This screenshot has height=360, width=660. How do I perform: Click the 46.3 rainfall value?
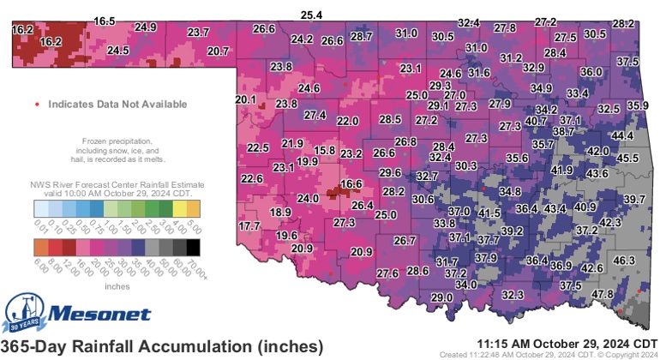coord(624,261)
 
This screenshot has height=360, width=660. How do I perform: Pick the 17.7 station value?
coord(249,225)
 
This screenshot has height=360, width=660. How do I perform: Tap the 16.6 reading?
coord(351,183)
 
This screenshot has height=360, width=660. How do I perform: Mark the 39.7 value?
coord(634,199)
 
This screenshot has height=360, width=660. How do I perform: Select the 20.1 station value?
coord(246,100)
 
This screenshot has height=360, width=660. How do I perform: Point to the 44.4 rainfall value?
coord(622,136)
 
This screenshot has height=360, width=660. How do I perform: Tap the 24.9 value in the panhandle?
coord(146,27)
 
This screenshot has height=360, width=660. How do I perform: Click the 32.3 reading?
coord(513,295)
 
